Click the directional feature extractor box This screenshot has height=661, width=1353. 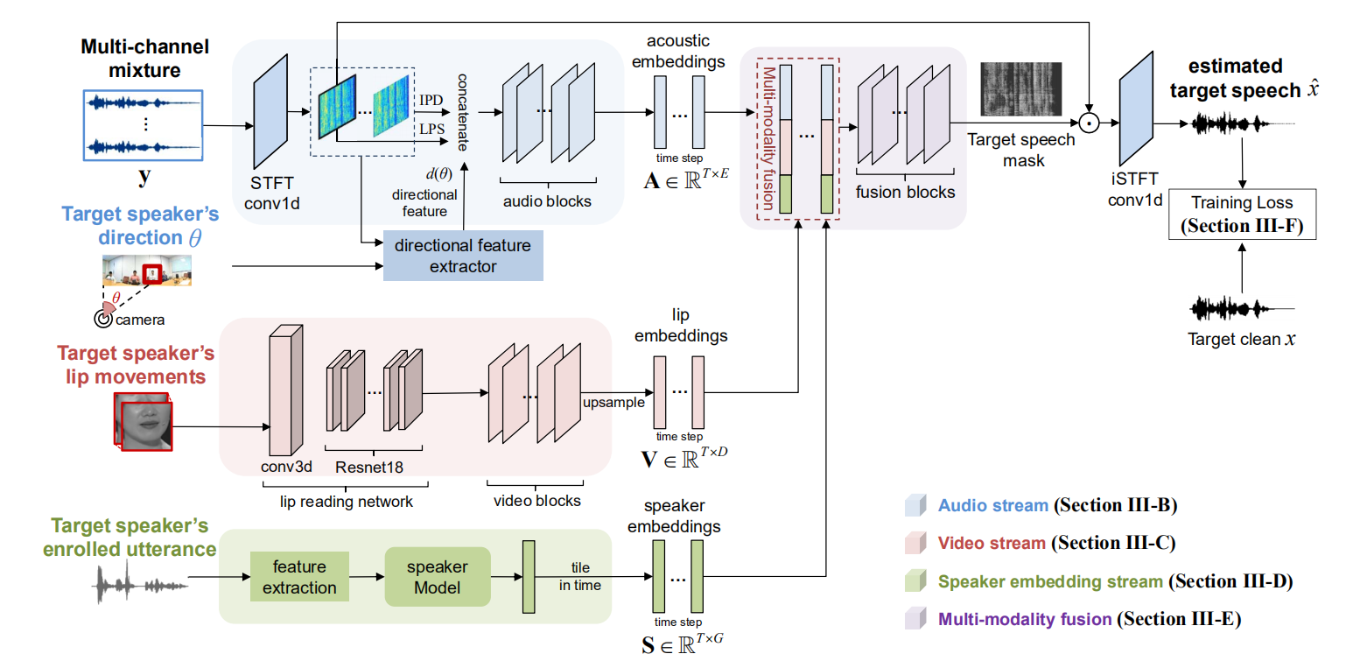coord(463,256)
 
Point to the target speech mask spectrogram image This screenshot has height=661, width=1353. coord(1020,90)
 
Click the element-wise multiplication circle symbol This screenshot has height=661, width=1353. coord(1088,124)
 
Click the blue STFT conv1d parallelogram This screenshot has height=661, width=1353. coord(270,121)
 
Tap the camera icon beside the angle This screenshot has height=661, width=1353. coord(103,320)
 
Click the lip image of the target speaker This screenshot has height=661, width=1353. coord(144,421)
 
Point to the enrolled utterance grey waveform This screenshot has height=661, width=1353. coord(140,582)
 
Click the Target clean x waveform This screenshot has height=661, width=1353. coord(1241,308)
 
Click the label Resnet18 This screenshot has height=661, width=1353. coord(369,467)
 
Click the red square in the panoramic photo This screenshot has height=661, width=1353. coord(153,273)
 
